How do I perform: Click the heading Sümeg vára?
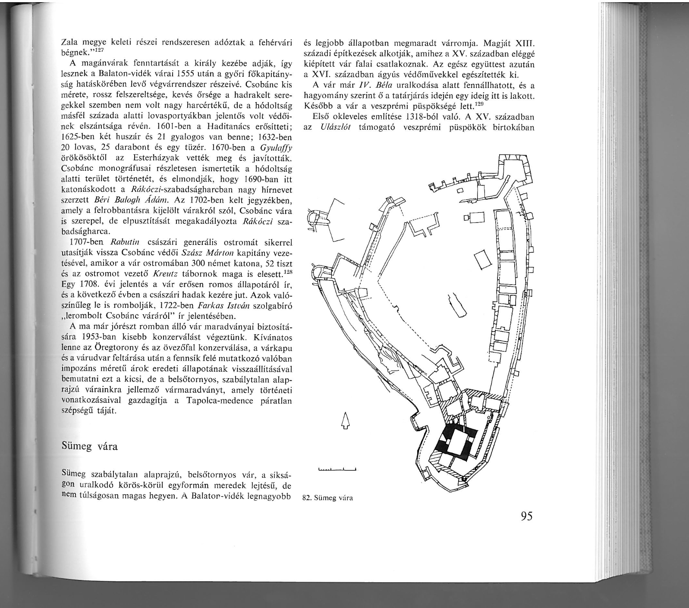click(x=90, y=446)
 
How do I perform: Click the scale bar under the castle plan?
click(x=336, y=470)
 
